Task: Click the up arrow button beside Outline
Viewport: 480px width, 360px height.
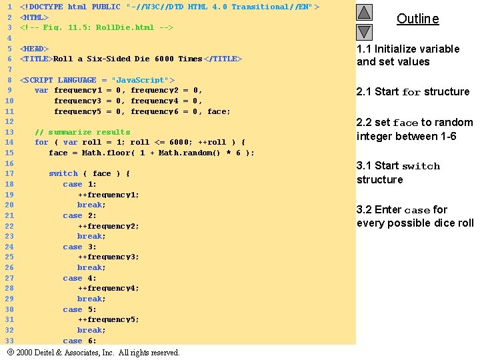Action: (x=364, y=13)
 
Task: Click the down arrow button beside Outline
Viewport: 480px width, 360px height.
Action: (x=364, y=31)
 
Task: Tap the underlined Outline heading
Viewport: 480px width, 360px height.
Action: (x=417, y=19)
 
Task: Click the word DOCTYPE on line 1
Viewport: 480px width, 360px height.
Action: (x=45, y=7)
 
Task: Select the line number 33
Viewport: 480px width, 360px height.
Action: (x=9, y=341)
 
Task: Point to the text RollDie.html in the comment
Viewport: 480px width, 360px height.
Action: (x=121, y=27)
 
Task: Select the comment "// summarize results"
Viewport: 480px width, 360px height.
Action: (x=82, y=132)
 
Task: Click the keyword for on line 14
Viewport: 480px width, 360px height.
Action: (x=41, y=142)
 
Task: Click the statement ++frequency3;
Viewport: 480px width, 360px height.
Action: (x=108, y=257)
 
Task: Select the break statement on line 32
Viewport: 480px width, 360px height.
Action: (x=91, y=330)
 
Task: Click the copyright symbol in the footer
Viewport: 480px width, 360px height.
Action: (x=10, y=352)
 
